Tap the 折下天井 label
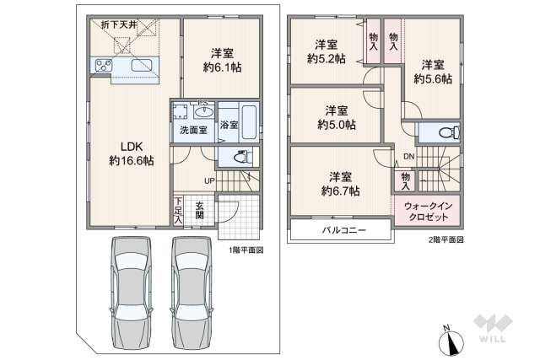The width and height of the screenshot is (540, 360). pos(112,22)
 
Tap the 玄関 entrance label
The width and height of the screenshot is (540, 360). pos(200,210)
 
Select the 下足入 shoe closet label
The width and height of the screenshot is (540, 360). pos(179,210)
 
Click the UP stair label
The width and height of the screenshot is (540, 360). pos(208,180)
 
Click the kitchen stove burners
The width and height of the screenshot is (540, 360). pos(107,66)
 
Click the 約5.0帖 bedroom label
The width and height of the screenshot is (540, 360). pos(337,116)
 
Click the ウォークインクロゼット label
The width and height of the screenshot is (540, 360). pos(428,212)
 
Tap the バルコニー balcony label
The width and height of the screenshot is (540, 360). pos(343,230)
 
